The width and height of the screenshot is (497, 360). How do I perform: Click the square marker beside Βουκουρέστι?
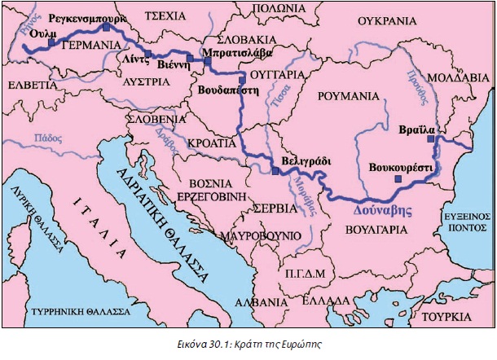(x=398, y=178)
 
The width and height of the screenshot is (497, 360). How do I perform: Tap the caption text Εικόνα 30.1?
(x=214, y=345)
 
